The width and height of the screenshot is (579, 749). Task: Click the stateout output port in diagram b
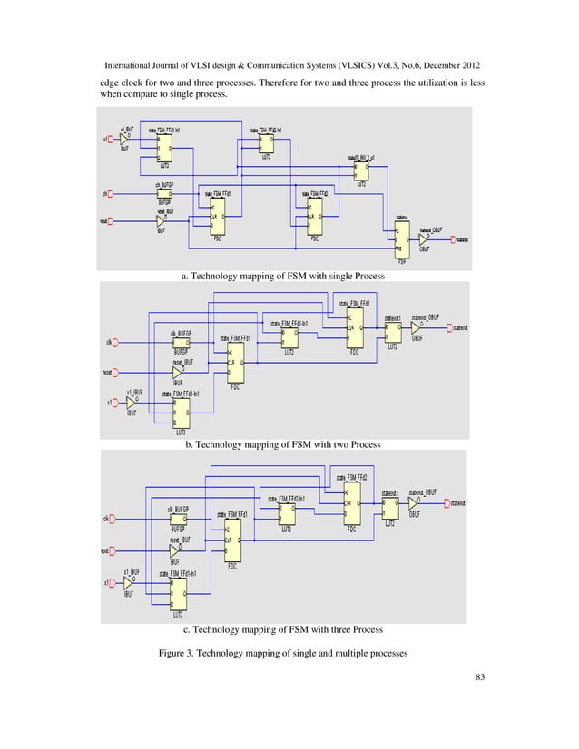click(x=450, y=326)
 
